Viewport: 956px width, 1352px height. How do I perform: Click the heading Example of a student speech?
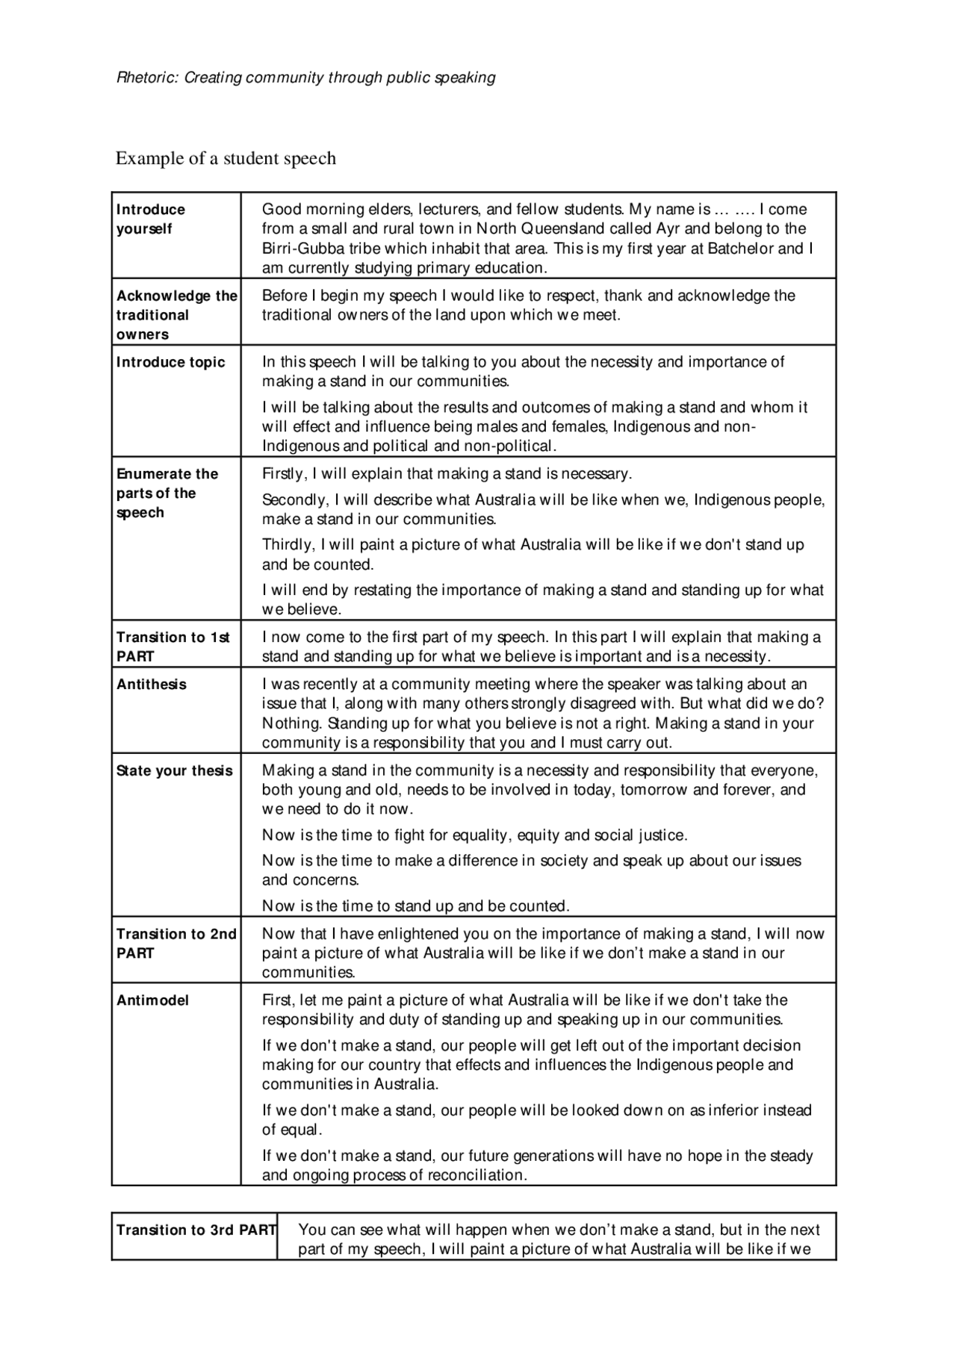click(226, 158)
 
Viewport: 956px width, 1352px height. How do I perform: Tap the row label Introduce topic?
click(170, 362)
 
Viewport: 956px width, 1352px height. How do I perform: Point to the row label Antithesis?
click(152, 684)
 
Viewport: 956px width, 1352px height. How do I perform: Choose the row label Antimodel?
click(153, 1000)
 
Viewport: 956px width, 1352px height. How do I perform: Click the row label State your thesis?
click(175, 770)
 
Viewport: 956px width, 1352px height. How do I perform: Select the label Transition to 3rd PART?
click(196, 1230)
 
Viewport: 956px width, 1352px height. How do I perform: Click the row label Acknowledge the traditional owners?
click(176, 315)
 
